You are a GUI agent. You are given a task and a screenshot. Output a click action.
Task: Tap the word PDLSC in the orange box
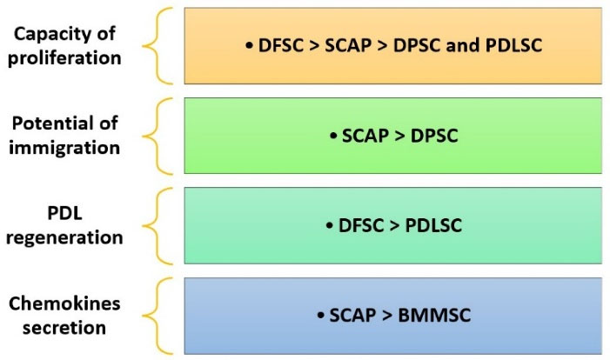click(x=513, y=45)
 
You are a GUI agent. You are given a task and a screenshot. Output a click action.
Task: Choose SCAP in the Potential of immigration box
click(x=365, y=136)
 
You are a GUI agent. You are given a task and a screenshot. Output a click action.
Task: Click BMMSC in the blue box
click(x=435, y=315)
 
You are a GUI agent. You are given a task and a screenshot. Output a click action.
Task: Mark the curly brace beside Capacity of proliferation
click(x=156, y=46)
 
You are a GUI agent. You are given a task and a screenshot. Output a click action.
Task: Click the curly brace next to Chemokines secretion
click(x=156, y=316)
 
